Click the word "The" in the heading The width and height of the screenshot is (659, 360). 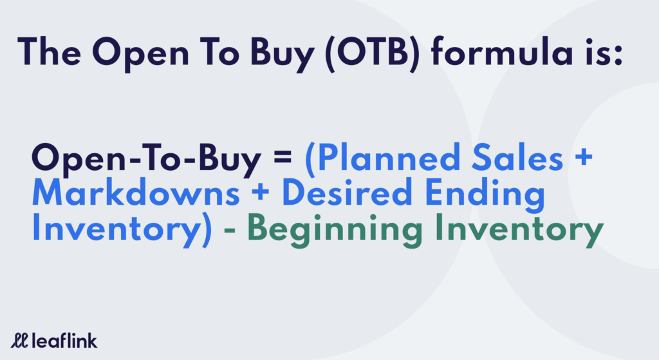[x=49, y=52]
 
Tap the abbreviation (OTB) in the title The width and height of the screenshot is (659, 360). [x=372, y=53]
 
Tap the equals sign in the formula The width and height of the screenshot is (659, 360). [x=283, y=156]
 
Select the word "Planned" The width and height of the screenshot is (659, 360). [x=389, y=157]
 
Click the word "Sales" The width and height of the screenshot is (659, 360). [x=517, y=157]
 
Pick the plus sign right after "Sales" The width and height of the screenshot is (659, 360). [x=584, y=156]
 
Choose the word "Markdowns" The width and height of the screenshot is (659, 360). [x=136, y=192]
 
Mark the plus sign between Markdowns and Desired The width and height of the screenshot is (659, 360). [x=261, y=192]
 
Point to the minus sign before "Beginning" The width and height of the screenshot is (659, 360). [x=230, y=231]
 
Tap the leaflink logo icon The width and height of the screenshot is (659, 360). [x=19, y=340]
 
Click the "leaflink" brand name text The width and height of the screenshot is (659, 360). [x=64, y=340]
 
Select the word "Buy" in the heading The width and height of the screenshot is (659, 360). [x=283, y=55]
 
